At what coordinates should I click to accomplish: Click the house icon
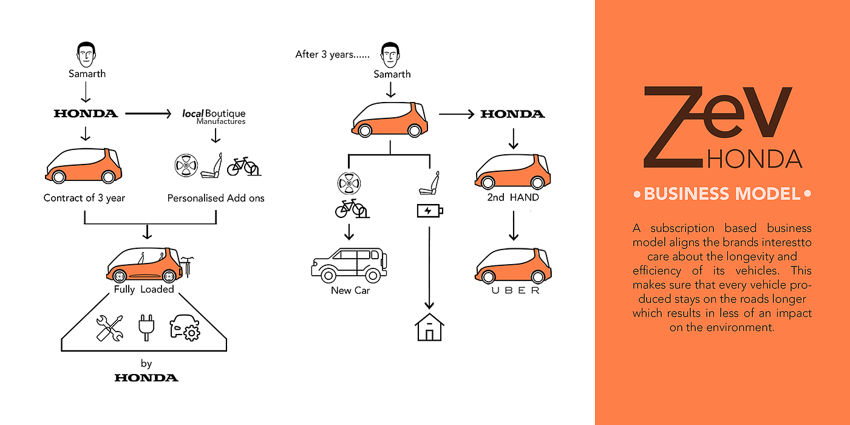pos(429,328)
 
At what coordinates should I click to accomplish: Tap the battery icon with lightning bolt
pos(430,211)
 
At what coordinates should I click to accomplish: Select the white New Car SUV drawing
pos(349,265)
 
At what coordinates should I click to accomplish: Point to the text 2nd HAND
pos(513,197)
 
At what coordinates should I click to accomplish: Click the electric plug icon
pos(145,327)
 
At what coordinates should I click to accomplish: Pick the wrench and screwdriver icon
pos(110,328)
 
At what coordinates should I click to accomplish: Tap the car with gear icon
pos(185,327)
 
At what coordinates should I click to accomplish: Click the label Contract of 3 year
pos(84,198)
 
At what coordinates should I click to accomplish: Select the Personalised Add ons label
pos(216,198)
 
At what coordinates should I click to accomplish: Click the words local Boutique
pos(214,114)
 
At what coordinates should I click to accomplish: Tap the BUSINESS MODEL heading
pos(722,194)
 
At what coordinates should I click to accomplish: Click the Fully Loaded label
pos(144,290)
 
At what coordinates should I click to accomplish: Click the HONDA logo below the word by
pos(146,378)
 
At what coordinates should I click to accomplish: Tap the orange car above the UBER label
pos(513,265)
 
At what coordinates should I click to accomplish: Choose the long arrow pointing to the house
pos(429,267)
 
